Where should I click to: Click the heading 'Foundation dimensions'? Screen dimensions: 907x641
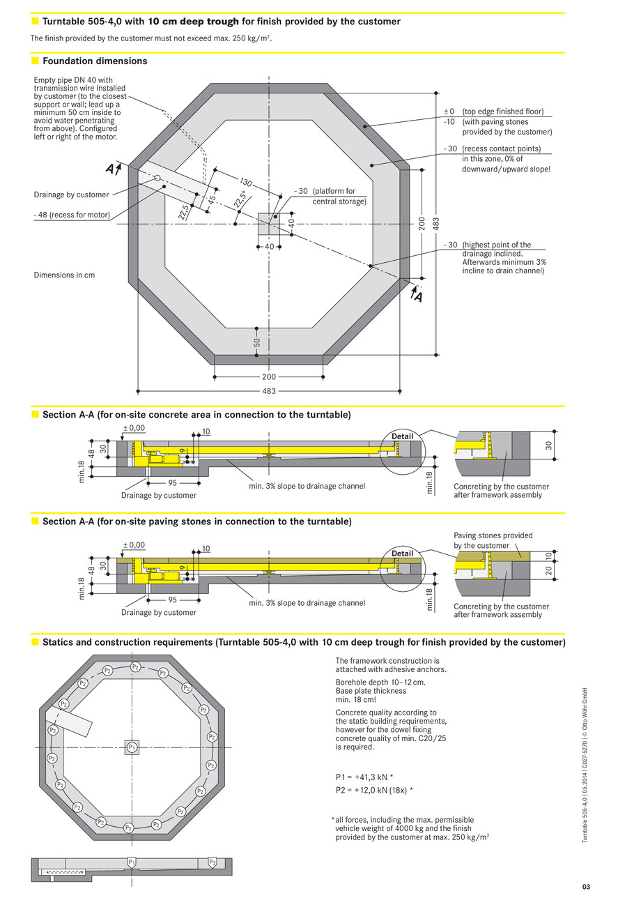tap(95, 61)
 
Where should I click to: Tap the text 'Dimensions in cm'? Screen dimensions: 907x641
tap(64, 275)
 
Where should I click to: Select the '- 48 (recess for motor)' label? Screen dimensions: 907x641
tap(72, 215)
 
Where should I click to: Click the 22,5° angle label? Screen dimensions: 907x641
tap(240, 199)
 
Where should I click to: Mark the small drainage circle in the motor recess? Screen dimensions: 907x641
tap(157, 178)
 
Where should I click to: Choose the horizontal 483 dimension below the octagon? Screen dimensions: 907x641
tap(269, 391)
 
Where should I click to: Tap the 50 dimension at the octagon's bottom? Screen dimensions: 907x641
tap(257, 342)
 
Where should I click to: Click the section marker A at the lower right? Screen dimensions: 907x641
tap(418, 297)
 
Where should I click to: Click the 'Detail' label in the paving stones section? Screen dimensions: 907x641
tap(402, 554)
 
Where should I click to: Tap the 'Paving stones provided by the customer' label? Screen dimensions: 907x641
tap(493, 540)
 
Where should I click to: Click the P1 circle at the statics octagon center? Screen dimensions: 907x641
tap(131, 747)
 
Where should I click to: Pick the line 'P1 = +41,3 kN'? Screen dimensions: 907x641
tap(364, 777)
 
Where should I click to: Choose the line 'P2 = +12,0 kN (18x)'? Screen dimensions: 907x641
tap(374, 790)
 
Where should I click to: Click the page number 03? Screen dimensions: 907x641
tap(586, 887)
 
